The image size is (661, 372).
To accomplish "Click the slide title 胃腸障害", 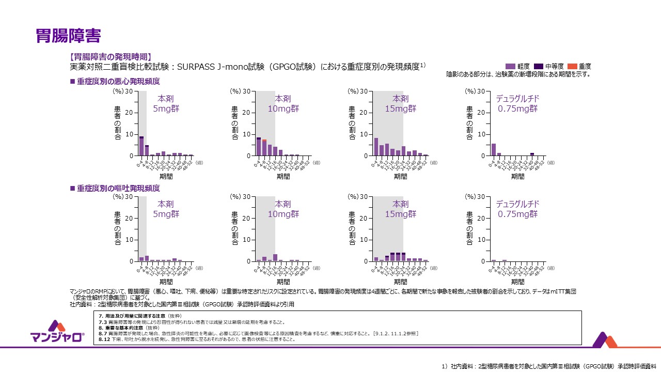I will [x=68, y=35].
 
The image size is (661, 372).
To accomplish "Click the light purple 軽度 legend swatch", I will [x=511, y=67].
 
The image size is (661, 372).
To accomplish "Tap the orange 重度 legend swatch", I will [x=572, y=67].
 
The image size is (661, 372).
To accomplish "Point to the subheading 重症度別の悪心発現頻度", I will [x=118, y=82].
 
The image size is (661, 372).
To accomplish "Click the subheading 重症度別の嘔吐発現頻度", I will [x=118, y=189].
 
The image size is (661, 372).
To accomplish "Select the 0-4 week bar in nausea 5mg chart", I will [x=141, y=146].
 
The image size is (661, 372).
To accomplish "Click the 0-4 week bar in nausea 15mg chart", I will [x=376, y=147].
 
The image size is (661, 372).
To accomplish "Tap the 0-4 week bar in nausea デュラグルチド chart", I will [x=494, y=149].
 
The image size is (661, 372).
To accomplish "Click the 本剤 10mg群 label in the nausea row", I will [x=283, y=103].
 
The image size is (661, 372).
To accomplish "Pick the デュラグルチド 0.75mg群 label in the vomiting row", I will [x=518, y=209].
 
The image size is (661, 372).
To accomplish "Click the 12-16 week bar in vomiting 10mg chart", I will [x=275, y=258].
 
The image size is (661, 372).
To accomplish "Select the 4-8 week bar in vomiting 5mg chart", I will [x=147, y=258].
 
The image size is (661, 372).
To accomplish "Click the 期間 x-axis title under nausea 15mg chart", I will [x=400, y=176].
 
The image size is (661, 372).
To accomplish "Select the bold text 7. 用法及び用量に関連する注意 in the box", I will [x=140, y=315].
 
